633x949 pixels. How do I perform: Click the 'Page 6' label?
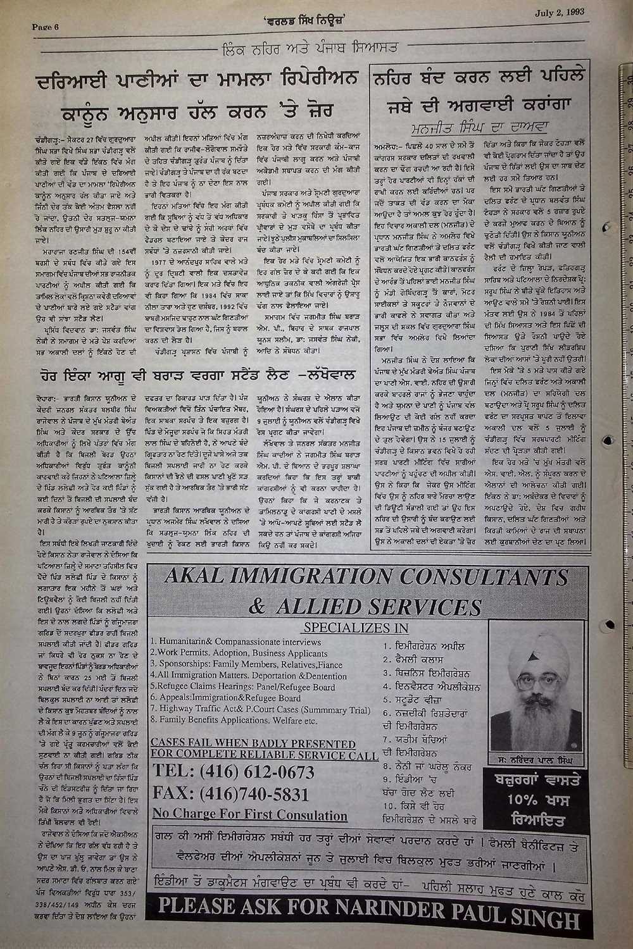point(45,27)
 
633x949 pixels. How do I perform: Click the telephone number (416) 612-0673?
point(234,772)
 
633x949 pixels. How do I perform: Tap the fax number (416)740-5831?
point(231,794)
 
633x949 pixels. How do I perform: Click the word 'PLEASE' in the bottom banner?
point(196,919)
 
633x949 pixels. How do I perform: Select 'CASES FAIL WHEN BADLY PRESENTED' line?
point(255,743)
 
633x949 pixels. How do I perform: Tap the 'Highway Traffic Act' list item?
point(260,710)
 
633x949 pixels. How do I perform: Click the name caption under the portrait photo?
point(532,759)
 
